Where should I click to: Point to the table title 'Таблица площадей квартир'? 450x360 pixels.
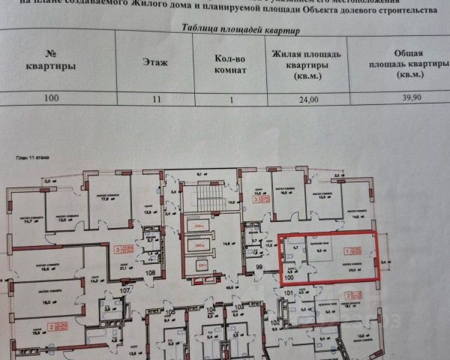[x=240, y=31]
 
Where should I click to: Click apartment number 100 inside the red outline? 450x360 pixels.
[x=290, y=276]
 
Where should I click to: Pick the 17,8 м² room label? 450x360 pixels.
[x=106, y=199]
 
